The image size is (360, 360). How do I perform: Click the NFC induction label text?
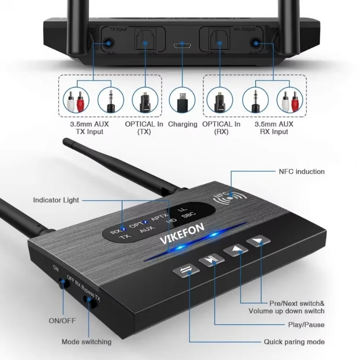302,172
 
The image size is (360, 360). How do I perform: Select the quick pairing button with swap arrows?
184,271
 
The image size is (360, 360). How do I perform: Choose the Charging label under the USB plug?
182,124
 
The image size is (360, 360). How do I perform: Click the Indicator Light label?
56,200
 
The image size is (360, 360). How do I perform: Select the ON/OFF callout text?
62,321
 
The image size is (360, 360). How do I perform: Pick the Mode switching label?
87,341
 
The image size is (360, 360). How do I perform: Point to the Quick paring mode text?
294,341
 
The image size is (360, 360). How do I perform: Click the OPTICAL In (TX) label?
144,128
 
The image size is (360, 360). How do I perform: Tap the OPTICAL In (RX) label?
221,128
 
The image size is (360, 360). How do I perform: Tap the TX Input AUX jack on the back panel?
108,43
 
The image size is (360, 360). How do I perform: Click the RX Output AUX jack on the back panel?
255,43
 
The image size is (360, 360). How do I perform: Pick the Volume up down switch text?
292,311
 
